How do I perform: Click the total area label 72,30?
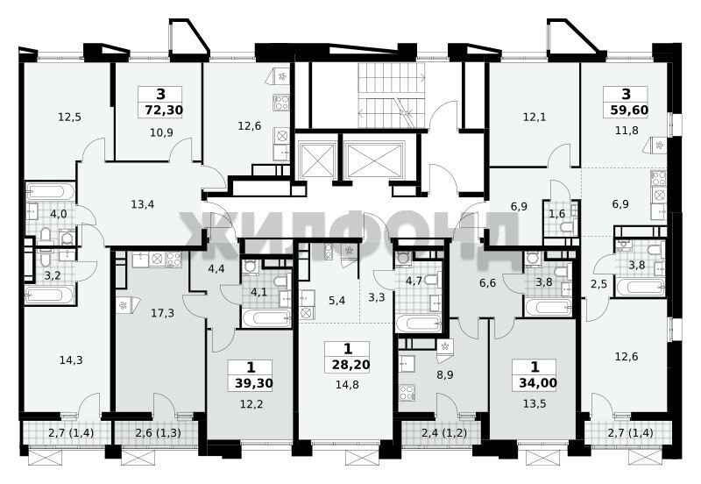click(x=164, y=110)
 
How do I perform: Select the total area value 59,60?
click(x=629, y=110)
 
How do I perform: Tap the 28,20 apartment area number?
click(x=351, y=365)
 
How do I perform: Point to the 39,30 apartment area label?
click(x=253, y=383)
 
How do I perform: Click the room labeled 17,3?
click(x=162, y=313)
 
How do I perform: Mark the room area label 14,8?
click(x=347, y=385)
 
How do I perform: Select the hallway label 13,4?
click(x=143, y=204)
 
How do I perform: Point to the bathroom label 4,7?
click(x=414, y=281)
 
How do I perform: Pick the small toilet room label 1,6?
click(x=556, y=213)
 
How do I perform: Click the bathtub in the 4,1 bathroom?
click(x=266, y=319)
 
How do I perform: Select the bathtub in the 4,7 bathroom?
click(x=418, y=324)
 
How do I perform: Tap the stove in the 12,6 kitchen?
click(x=281, y=103)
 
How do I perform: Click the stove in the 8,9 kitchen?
click(x=407, y=392)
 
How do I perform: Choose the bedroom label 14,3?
click(x=71, y=359)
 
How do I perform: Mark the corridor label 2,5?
click(x=598, y=283)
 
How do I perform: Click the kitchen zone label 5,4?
click(x=336, y=300)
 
